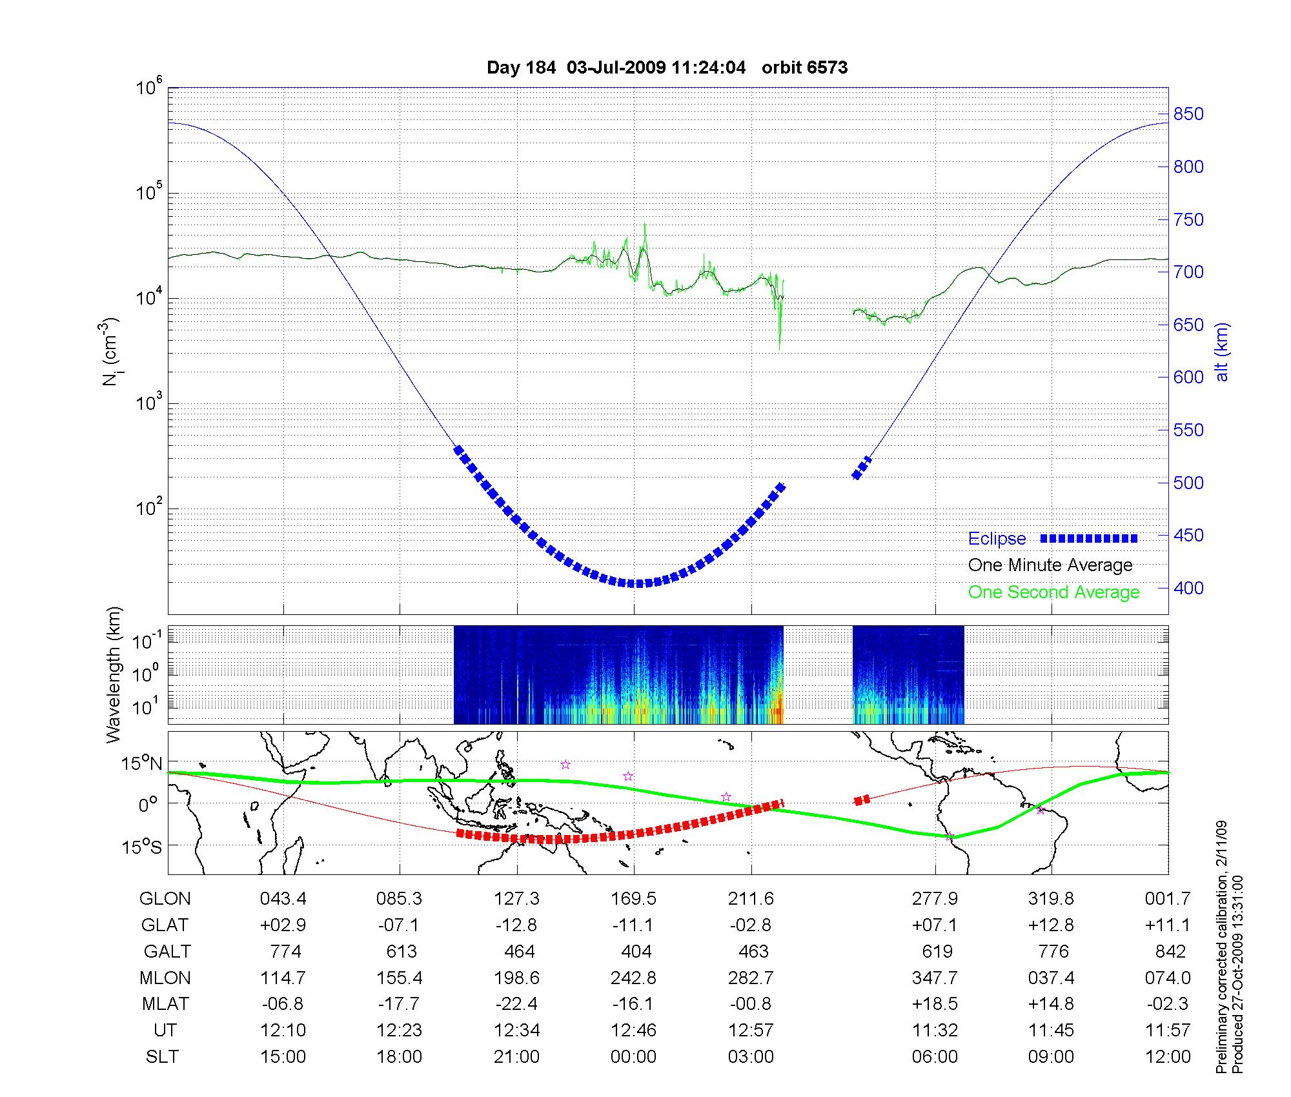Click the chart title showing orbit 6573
[x=667, y=68]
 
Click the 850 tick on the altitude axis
[x=1188, y=114]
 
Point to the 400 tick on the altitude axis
[x=1188, y=588]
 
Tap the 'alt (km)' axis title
[x=1222, y=352]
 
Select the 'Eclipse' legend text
[x=997, y=539]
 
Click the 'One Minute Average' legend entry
[x=1050, y=565]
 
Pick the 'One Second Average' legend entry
[x=1053, y=592]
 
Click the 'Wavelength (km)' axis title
[x=114, y=674]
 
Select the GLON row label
[x=165, y=899]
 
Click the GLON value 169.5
[x=633, y=899]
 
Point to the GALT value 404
[x=636, y=952]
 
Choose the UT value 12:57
[x=751, y=1031]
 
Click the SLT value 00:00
[x=633, y=1057]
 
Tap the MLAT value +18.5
[x=935, y=1004]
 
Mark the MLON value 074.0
[x=1168, y=978]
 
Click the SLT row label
[x=162, y=1057]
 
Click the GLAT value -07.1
[x=400, y=925]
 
